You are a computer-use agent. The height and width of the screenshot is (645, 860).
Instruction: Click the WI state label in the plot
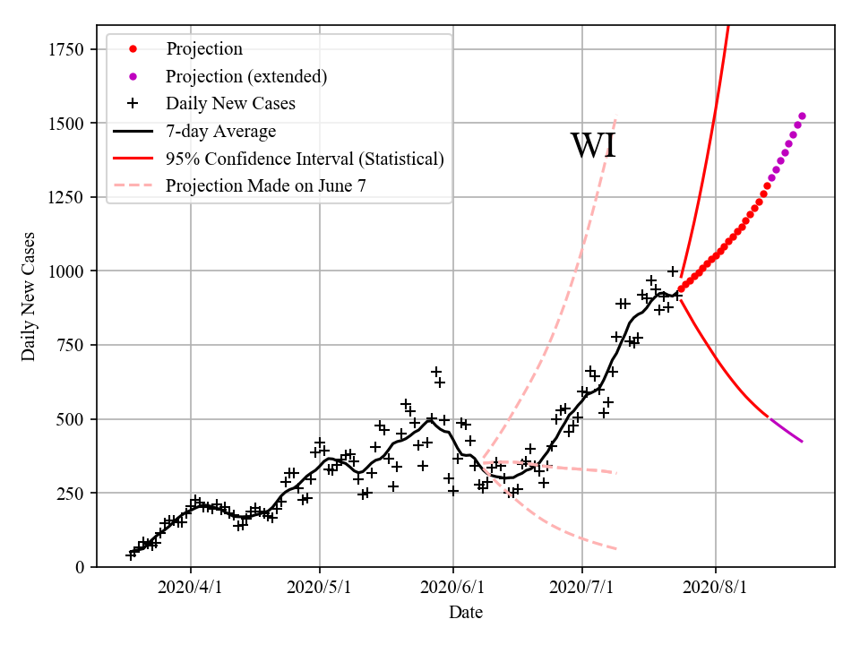tap(593, 146)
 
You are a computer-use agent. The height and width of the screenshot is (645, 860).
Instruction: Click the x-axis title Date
tap(466, 613)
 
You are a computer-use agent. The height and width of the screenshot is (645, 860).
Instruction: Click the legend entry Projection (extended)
tap(246, 76)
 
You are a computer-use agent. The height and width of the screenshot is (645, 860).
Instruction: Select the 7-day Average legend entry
tap(220, 132)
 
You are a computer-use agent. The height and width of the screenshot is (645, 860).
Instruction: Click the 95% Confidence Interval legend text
tap(305, 159)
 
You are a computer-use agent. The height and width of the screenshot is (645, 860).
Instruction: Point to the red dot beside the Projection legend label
tap(133, 49)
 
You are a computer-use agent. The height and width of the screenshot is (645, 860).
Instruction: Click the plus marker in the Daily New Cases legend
tap(133, 104)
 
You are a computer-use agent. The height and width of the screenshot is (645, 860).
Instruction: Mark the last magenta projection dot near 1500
tap(802, 116)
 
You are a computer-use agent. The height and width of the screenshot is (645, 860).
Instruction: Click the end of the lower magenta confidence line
tap(802, 442)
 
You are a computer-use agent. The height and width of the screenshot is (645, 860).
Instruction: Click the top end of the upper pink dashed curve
tap(615, 118)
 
